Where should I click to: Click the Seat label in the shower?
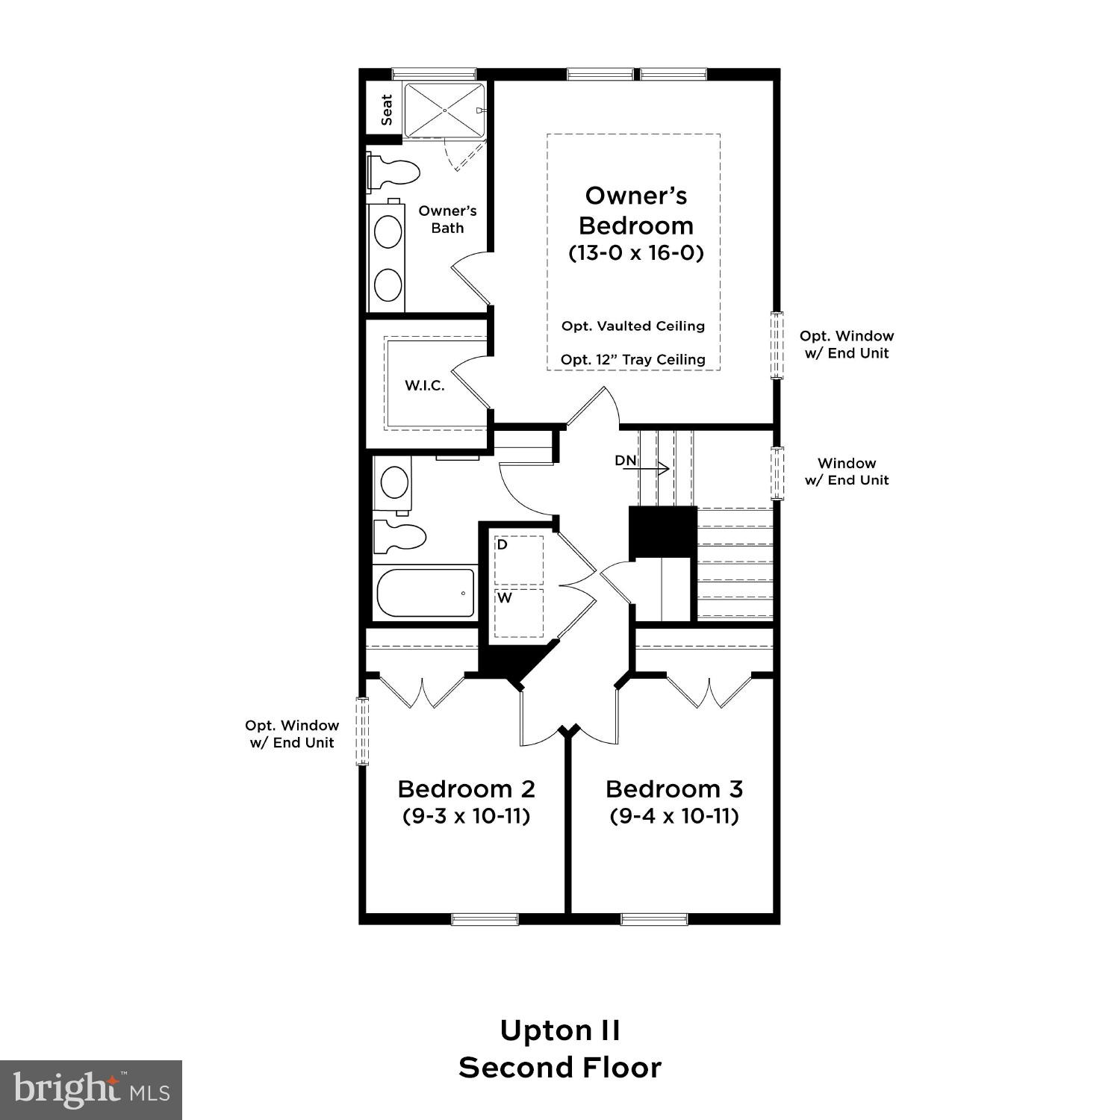(x=386, y=110)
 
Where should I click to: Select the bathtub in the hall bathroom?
(x=425, y=593)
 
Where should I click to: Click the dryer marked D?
(x=519, y=559)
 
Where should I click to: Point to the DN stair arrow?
(x=652, y=469)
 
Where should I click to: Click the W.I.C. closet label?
(x=425, y=385)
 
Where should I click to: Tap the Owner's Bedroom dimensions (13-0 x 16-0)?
(x=636, y=253)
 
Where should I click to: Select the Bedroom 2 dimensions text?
(x=467, y=815)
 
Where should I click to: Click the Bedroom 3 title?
(x=674, y=788)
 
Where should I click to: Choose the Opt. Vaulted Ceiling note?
(x=633, y=326)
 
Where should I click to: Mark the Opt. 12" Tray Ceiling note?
(x=633, y=360)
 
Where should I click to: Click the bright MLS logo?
(x=90, y=1090)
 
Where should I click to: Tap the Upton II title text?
(x=560, y=1030)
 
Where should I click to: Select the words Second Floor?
(x=560, y=1068)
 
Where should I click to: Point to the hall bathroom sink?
(x=395, y=482)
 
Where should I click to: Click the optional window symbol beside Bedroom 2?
(x=362, y=731)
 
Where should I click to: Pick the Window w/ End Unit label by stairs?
(x=847, y=472)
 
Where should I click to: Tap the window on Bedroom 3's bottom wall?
(x=654, y=918)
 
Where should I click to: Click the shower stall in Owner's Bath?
(x=444, y=110)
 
